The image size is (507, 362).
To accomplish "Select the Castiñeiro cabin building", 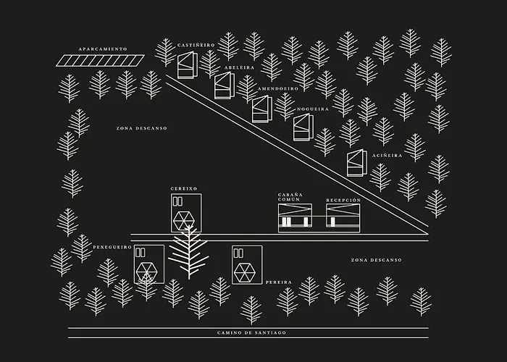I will (188, 65).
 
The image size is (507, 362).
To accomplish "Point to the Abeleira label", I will (238, 67).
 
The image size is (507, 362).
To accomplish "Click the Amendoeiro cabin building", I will (261, 109).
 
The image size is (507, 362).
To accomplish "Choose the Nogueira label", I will (312, 109).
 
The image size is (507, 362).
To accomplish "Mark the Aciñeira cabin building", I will (356, 163).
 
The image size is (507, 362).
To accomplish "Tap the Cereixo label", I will (184, 189).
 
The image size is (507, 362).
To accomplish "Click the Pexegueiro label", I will (112, 247).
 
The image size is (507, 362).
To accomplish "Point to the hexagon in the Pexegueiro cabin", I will (147, 272).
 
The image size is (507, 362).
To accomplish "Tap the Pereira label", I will (278, 281).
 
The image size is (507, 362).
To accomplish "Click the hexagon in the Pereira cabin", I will (245, 271).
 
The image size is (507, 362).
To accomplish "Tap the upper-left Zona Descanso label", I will (141, 128).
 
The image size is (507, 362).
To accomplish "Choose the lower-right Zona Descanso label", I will (376, 260).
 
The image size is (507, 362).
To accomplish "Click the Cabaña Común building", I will (296, 217).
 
